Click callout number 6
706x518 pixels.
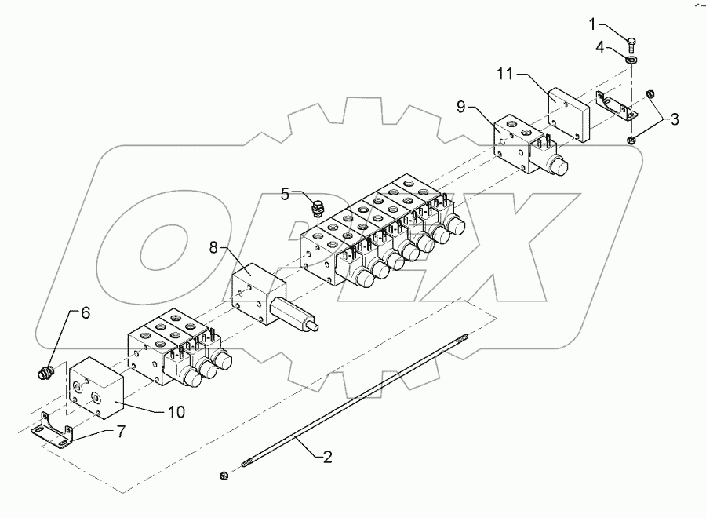pyautogui.click(x=86, y=312)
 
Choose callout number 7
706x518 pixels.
pyautogui.click(x=120, y=432)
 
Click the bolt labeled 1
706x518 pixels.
pyautogui.click(x=632, y=38)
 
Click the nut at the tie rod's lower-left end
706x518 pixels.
pyautogui.click(x=224, y=474)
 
